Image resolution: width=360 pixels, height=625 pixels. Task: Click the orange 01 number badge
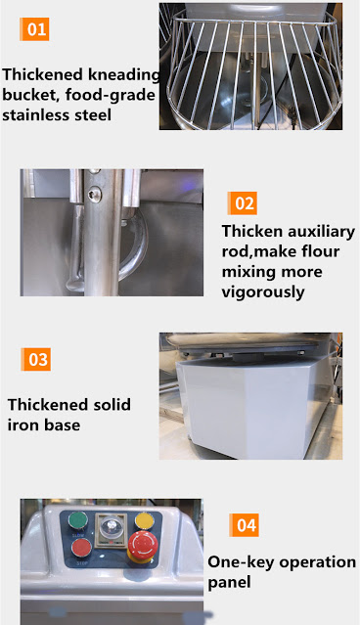pos(34,29)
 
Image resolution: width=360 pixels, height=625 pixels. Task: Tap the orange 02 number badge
pos(243,203)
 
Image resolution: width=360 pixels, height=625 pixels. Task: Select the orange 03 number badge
pos(36,359)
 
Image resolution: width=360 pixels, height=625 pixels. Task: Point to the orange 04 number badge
pos(244,525)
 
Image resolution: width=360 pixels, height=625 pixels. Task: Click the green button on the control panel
pos(78,520)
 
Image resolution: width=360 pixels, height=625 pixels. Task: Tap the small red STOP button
pos(82,548)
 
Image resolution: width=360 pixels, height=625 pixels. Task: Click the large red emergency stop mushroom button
pos(143,545)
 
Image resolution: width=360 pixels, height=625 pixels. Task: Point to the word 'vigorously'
pos(263,292)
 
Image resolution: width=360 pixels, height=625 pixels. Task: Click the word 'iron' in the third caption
pos(22,424)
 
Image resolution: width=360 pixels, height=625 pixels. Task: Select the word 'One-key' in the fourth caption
pos(241,562)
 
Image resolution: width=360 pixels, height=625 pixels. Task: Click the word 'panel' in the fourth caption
pos(229,583)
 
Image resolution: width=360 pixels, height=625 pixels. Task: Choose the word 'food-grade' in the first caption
pos(110,96)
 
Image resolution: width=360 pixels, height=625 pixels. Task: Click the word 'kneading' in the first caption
pos(124,75)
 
